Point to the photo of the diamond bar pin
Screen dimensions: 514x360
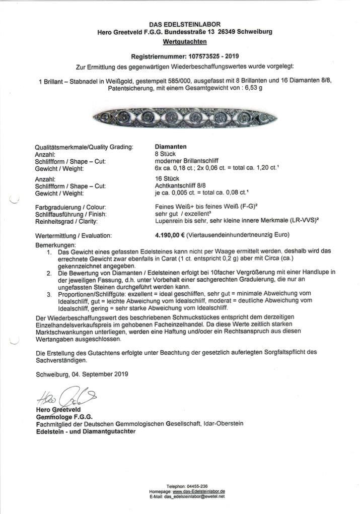coord(185,118)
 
